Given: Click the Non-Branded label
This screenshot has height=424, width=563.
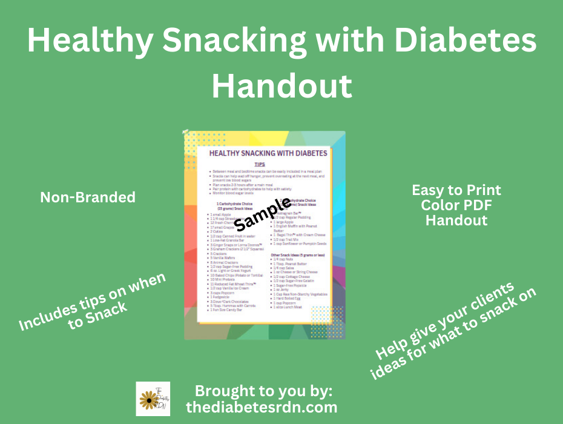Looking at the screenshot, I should click(x=88, y=197).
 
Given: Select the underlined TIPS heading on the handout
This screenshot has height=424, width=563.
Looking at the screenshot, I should click(x=260, y=164).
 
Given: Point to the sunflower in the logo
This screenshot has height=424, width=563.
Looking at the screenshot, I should click(x=148, y=399).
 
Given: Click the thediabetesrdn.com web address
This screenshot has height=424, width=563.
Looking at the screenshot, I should click(x=262, y=407).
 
